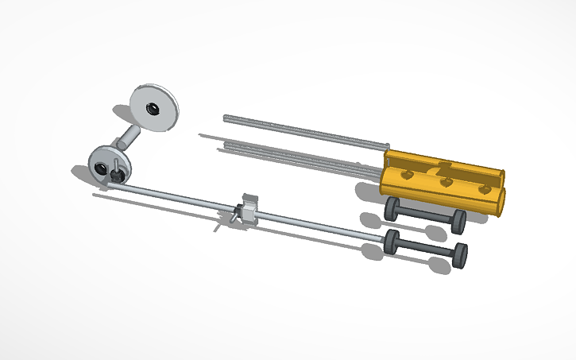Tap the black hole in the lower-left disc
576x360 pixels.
pyautogui.click(x=102, y=167)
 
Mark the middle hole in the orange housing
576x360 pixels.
pyautogui.click(x=446, y=182)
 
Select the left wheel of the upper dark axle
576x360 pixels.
pyautogui.click(x=392, y=209)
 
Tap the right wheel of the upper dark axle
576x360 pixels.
pyautogui.click(x=458, y=222)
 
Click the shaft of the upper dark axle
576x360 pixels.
pyautogui.click(x=425, y=216)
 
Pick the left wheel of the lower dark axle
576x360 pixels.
pyautogui.click(x=392, y=242)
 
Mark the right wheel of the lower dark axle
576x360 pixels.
pyautogui.click(x=459, y=255)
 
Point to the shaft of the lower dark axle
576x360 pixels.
pyautogui.click(x=426, y=249)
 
